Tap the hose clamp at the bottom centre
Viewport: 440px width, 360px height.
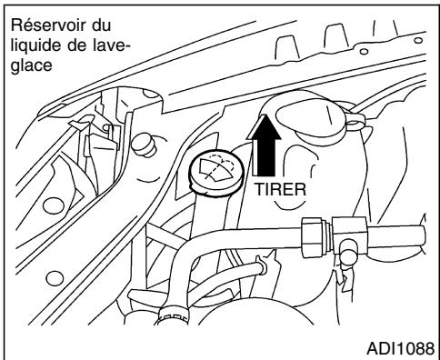(173, 317)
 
